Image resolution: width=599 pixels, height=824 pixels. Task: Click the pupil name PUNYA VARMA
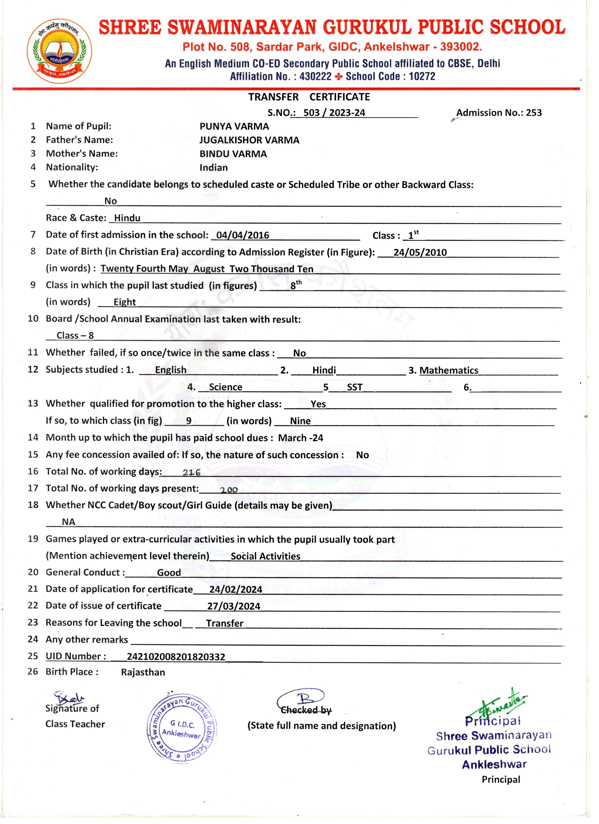tap(234, 126)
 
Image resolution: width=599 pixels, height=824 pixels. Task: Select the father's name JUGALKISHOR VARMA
tap(249, 140)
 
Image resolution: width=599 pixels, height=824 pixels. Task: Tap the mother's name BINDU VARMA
tap(233, 154)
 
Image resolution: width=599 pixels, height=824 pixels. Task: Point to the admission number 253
tap(534, 113)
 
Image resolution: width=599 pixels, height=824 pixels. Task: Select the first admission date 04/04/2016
tap(243, 235)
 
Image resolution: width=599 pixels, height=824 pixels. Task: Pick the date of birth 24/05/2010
tap(420, 253)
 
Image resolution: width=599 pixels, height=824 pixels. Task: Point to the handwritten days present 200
tap(229, 490)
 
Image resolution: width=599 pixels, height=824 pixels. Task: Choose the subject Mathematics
tap(449, 371)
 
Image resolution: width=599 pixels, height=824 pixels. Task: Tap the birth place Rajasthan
tap(143, 672)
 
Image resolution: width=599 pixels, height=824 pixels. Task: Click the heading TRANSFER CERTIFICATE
tap(309, 97)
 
